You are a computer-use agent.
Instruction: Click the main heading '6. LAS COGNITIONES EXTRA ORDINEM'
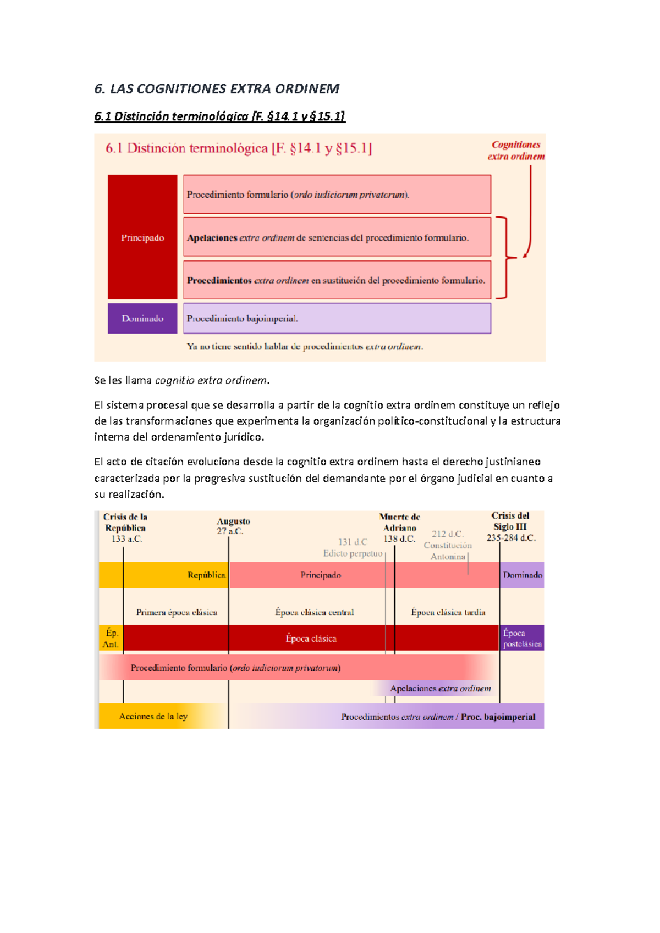click(217, 88)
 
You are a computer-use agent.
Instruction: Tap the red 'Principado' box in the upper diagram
click(142, 237)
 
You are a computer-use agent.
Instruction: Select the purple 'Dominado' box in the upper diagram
click(142, 318)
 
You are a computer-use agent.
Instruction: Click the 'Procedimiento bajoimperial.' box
click(337, 318)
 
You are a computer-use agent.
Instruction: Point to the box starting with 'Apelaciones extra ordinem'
click(337, 237)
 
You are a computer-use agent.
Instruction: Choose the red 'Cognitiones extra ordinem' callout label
click(516, 151)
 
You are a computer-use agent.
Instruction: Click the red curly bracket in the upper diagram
click(504, 257)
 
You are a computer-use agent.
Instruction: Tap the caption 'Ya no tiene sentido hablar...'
click(305, 347)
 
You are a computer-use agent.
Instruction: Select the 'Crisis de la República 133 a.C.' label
click(126, 527)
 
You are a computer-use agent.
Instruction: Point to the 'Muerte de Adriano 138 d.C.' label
click(400, 527)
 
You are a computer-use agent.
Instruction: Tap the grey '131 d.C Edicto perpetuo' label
click(353, 547)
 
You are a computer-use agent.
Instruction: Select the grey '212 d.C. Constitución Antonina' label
click(448, 545)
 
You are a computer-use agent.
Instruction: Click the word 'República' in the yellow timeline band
click(206, 575)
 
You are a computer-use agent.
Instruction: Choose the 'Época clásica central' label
click(315, 612)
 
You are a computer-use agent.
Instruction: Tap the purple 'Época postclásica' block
click(522, 638)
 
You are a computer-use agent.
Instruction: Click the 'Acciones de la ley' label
click(153, 716)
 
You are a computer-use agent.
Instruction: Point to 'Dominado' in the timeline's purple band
click(522, 575)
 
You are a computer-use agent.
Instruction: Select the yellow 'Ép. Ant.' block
click(111, 638)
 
